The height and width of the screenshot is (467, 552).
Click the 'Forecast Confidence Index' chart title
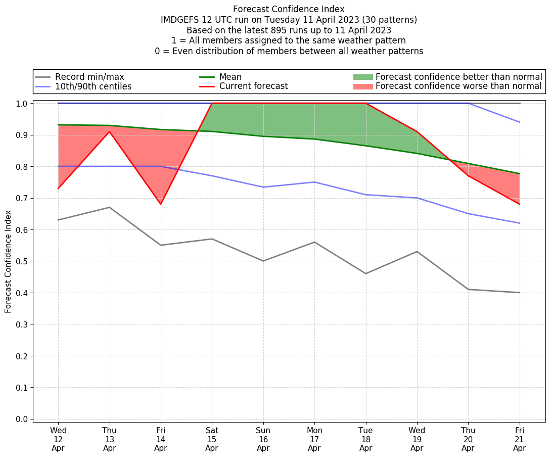pos(289,9)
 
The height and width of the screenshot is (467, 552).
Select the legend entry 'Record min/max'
pos(89,77)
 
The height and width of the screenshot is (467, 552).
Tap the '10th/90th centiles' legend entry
pos(93,86)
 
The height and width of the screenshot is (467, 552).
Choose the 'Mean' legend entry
pos(230,77)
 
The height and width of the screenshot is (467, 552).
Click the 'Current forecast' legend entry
pos(253,86)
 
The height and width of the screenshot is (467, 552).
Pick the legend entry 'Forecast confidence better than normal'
pos(458,77)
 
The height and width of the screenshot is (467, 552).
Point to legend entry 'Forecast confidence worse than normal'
pos(458,86)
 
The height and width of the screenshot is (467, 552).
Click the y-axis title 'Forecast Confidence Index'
pos(9,261)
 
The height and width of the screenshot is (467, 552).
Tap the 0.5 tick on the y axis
pos(22,261)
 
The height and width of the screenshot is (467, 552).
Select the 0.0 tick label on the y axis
pos(22,419)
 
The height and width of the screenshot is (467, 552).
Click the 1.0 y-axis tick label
pos(22,103)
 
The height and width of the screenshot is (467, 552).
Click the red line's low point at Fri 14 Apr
pos(161,204)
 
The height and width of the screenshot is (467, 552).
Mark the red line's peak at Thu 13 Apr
pos(109,131)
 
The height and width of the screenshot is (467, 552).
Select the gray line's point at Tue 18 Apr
pos(365,273)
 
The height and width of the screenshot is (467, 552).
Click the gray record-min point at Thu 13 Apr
pos(109,207)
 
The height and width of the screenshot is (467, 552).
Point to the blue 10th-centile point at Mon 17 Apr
pos(314,182)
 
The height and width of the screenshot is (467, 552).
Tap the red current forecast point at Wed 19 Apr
pos(417,131)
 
